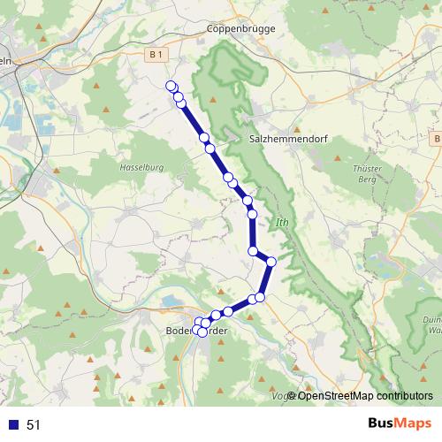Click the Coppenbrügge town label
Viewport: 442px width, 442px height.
point(240,28)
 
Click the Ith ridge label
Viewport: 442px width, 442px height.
point(282,222)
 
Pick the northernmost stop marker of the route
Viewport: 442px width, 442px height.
point(171,86)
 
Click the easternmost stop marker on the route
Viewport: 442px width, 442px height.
point(271,261)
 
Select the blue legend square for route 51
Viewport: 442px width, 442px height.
point(12,424)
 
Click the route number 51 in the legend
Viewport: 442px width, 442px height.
point(34,424)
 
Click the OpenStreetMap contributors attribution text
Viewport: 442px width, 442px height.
point(365,395)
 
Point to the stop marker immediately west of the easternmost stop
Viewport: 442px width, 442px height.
point(253,252)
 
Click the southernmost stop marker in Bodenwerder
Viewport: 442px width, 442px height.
point(202,331)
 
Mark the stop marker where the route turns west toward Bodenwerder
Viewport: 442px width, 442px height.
point(260,298)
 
